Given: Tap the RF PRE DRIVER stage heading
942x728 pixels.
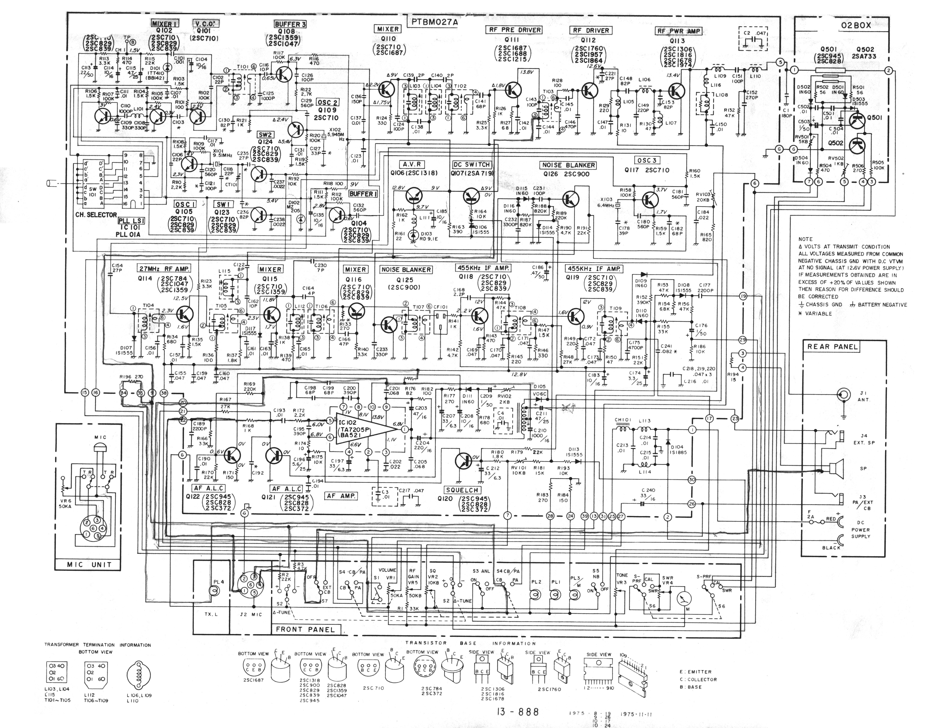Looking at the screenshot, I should pos(514,30).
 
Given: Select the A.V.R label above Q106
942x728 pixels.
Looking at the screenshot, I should pos(412,164).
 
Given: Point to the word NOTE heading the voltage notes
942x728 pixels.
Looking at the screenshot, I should pos(805,239).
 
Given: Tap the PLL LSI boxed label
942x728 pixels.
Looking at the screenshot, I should pos(131,221).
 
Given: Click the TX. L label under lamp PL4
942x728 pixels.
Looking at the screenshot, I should pos(211,615).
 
